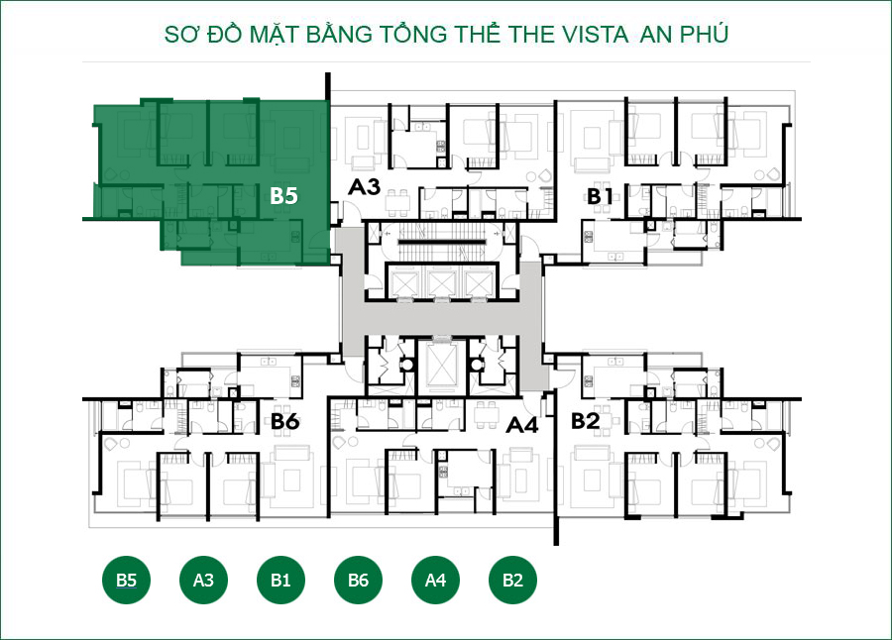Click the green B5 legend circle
pos(126,580)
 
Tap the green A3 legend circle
pos(203,580)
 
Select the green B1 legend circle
pos(280,580)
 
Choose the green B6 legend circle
pos(358,580)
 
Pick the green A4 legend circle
pos(435,580)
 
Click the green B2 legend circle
pos(512,580)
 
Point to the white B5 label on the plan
pos(283,196)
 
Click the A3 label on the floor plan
pos(364,186)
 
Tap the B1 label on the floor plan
pos(599,196)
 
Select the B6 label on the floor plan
pos(284,422)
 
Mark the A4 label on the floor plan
pos(521,425)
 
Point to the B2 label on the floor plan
pos(586,421)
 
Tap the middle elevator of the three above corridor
pos(442,283)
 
